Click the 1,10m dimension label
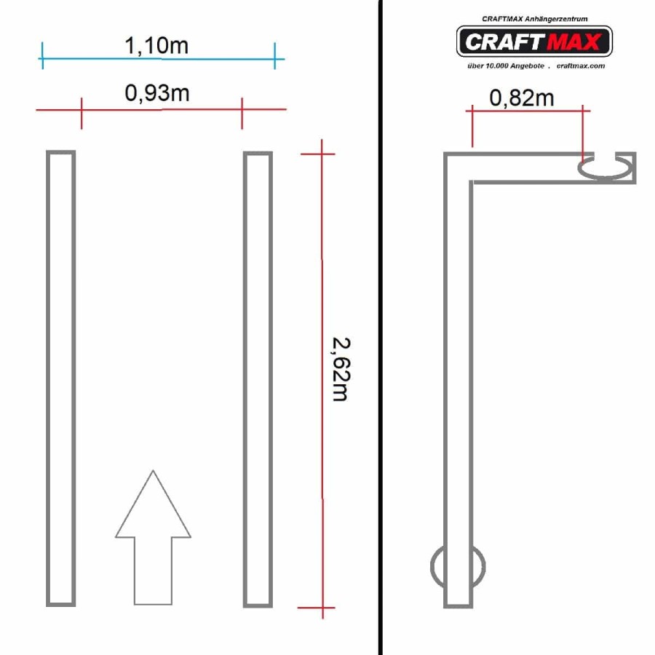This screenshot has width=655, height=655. (x=156, y=46)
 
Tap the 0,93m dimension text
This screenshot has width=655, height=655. (x=157, y=92)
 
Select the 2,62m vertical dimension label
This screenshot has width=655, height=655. (x=341, y=369)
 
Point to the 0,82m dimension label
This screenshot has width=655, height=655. (x=522, y=98)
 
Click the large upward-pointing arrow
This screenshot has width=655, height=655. (x=153, y=539)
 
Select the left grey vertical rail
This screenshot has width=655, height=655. (x=60, y=378)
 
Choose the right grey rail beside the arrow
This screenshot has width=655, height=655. (x=258, y=379)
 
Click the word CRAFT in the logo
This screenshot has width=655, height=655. (x=504, y=41)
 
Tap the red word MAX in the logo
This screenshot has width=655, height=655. (x=574, y=41)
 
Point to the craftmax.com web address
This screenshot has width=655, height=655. (x=581, y=66)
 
